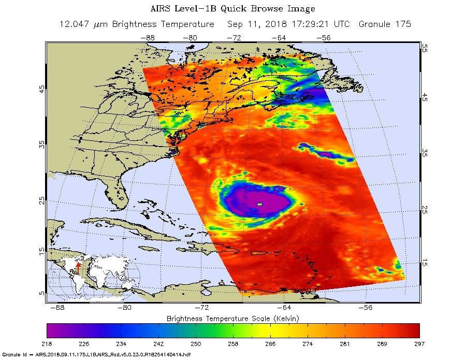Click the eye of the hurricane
click(x=260, y=204)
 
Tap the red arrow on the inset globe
click(x=78, y=266)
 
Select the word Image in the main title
click(x=300, y=9)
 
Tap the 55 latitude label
click(x=424, y=47)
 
